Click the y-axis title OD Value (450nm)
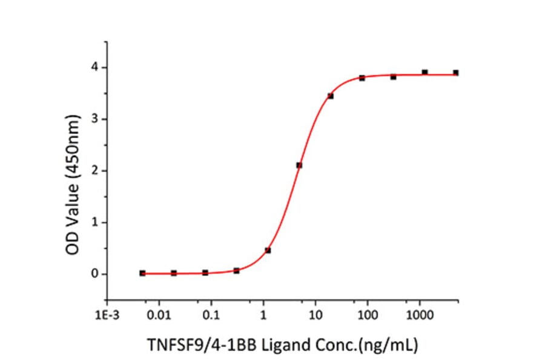coord(73,170)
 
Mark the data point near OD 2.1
coord(299,165)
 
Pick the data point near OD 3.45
coord(331,96)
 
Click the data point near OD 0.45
coord(268,250)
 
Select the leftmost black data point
coord(142,273)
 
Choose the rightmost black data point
coord(456,73)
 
